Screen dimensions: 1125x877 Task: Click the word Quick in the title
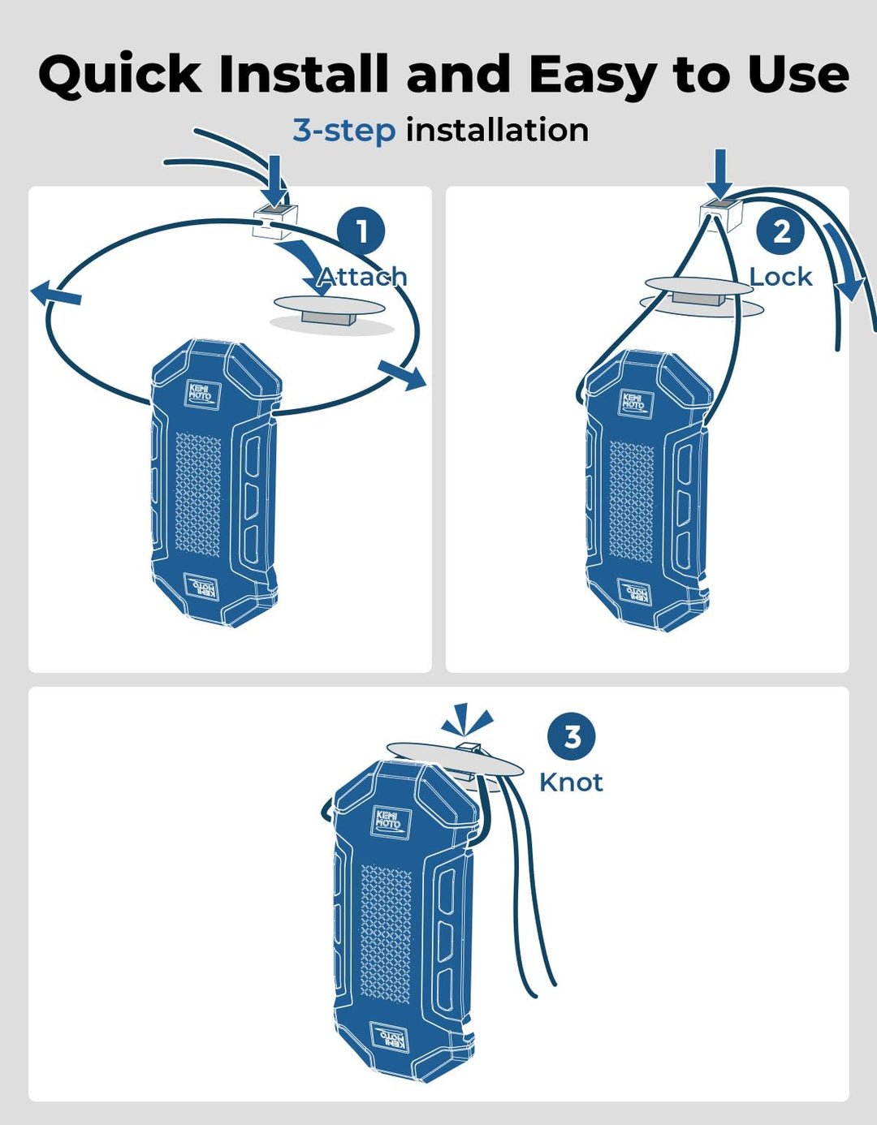[x=119, y=75]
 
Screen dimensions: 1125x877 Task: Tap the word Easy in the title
[x=591, y=75]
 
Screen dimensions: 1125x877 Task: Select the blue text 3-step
[x=343, y=130]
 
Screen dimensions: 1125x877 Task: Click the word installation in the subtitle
[x=497, y=130]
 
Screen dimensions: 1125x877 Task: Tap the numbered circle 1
[x=361, y=231]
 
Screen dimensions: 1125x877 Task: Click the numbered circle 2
[x=780, y=231]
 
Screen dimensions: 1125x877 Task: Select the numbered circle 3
[x=572, y=737]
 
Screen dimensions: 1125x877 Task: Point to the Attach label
[x=362, y=277]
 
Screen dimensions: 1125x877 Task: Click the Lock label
[x=780, y=277]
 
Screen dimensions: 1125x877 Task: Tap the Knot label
[x=571, y=782]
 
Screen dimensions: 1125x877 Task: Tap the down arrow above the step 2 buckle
[x=719, y=172]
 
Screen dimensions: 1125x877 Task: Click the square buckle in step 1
[x=274, y=220]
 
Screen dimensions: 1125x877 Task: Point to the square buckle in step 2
[x=719, y=214]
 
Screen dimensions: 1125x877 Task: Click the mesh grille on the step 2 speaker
[x=631, y=502]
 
